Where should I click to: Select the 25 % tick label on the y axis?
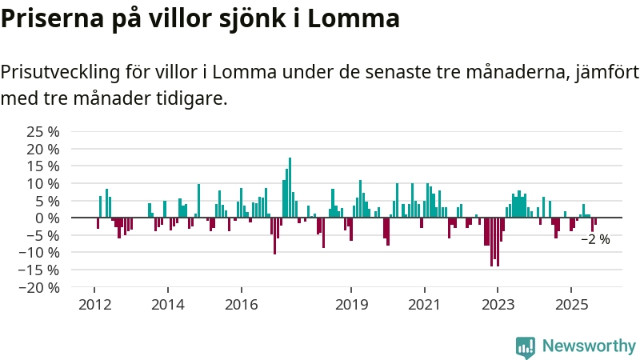[x=43, y=131]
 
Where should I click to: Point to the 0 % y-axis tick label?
[x=48, y=218]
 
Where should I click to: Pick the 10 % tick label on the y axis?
[x=43, y=183]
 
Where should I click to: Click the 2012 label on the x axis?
[x=94, y=305]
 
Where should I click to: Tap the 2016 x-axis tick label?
[x=241, y=305]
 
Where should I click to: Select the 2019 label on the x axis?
[x=351, y=305]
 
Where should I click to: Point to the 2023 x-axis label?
[x=498, y=305]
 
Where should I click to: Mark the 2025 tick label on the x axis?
[x=570, y=305]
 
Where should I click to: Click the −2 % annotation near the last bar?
[x=595, y=239]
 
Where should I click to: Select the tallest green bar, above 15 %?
[x=290, y=187]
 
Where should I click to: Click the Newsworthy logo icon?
[x=526, y=346]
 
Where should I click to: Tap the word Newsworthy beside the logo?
[x=589, y=346]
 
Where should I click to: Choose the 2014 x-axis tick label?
[x=167, y=305]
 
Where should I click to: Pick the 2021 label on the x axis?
[x=424, y=305]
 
